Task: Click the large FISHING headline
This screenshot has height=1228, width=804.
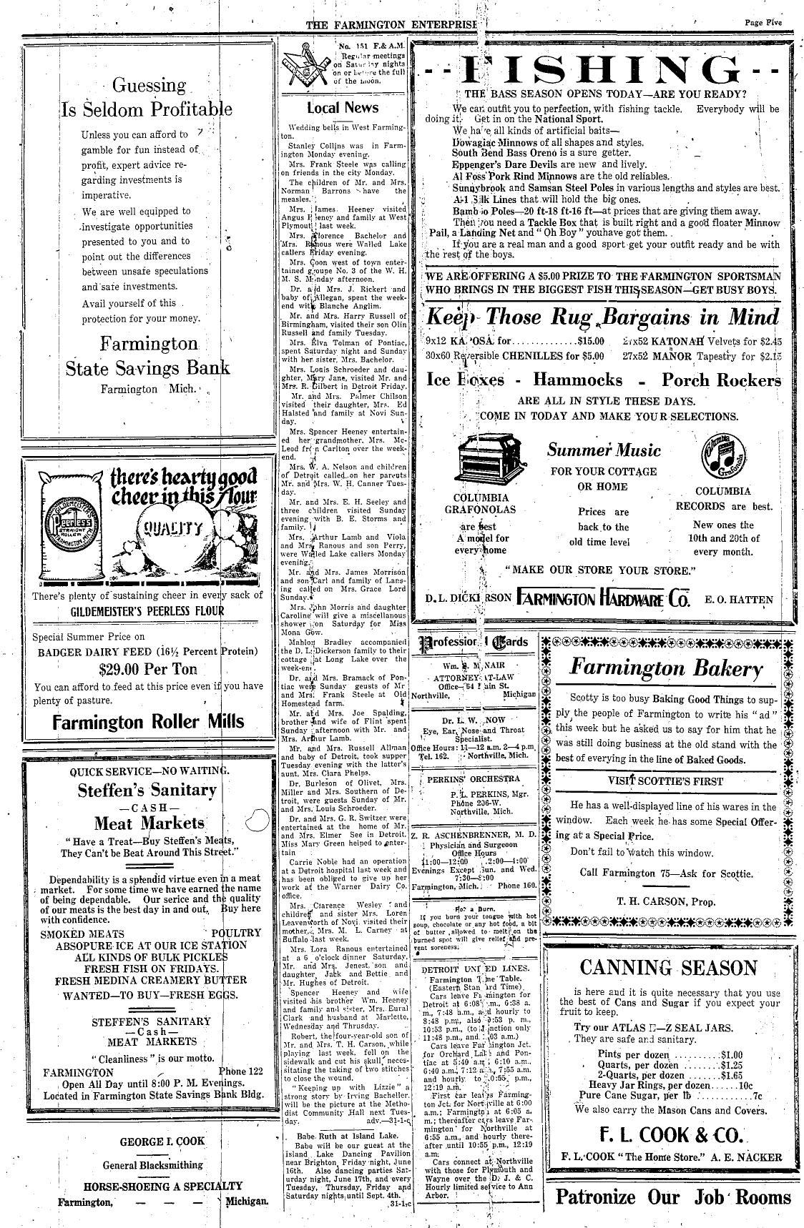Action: pos(601,72)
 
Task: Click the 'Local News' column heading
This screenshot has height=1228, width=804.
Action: pos(343,108)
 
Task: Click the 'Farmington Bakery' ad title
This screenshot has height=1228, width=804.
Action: pos(666,668)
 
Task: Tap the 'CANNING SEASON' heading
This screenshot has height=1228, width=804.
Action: pos(668,968)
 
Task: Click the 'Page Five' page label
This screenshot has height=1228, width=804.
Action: pos(763,23)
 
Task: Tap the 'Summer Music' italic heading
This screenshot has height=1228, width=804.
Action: pos(604,450)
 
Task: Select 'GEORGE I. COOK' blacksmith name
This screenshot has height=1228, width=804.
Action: pos(152,1142)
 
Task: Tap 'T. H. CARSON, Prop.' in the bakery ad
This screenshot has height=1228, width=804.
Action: pos(666,901)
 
